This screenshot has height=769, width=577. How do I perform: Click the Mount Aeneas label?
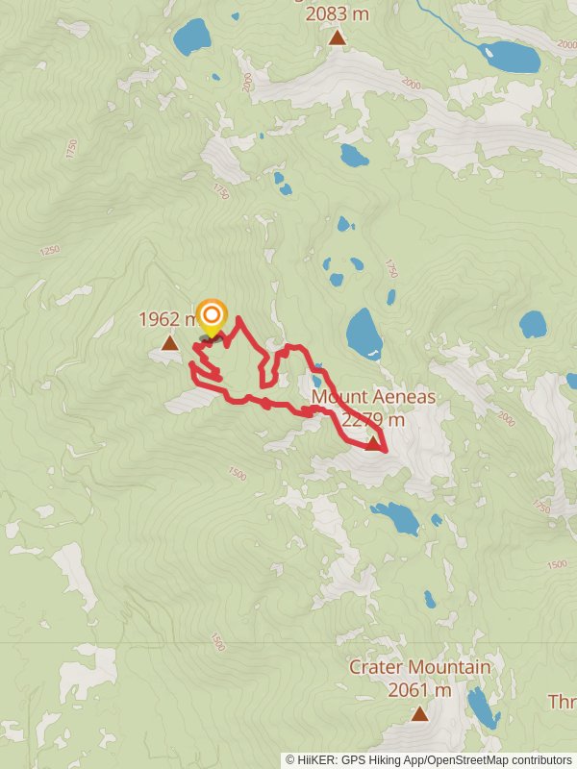pos(373,397)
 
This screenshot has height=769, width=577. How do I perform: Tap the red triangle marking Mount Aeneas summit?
pos(374,443)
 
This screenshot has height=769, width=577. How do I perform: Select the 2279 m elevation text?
pos(373,419)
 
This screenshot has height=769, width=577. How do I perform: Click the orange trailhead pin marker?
pos(212,316)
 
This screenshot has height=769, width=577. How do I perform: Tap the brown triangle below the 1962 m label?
pos(169,343)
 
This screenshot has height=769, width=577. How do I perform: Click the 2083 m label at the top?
pos(338,13)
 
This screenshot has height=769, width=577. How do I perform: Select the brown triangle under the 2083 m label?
pos(337,37)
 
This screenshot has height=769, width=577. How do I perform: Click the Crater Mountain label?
pos(419,667)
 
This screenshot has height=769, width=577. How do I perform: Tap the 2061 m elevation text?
pos(419,689)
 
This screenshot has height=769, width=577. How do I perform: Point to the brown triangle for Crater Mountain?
pos(419,713)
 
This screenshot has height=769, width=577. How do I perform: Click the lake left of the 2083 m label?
pos(191,38)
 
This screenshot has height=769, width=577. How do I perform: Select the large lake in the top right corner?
pos(510,57)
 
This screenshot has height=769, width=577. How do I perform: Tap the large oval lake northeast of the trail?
pos(364,332)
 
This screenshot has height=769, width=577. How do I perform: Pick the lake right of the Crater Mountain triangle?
pos(482,709)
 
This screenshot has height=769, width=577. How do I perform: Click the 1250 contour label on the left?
pos(50,251)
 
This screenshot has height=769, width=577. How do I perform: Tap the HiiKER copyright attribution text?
pos(428,759)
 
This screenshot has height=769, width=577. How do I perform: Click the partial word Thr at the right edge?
pos(562,702)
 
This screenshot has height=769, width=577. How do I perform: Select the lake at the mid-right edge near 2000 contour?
pos(533,324)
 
